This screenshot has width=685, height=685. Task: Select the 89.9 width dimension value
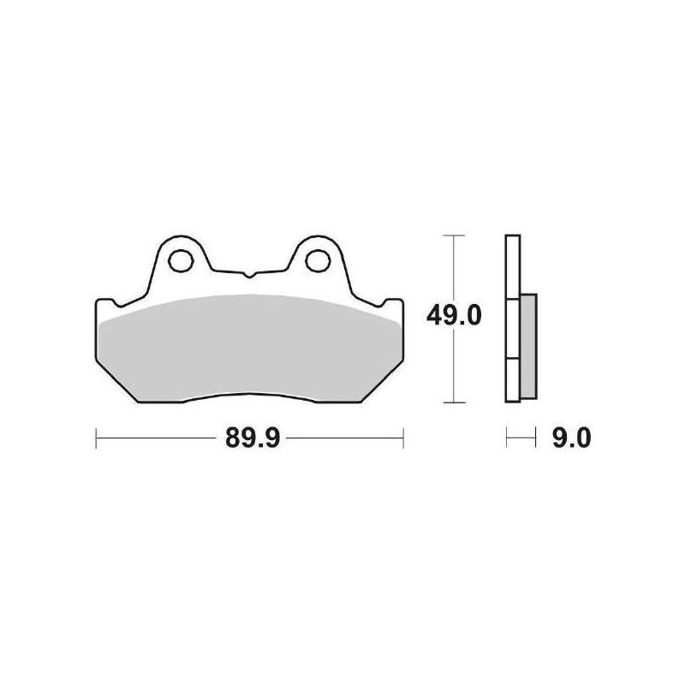coord(249,439)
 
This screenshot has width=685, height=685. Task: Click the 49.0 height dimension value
coord(454,317)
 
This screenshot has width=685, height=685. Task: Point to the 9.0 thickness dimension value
coord(571,439)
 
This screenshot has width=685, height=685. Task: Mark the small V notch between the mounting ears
coord(248,276)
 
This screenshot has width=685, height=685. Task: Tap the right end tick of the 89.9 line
coord(402,439)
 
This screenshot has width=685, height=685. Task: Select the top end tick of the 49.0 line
coord(453,235)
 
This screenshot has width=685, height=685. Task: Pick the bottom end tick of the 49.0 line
coord(453,402)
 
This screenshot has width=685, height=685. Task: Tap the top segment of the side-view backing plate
coord(511,266)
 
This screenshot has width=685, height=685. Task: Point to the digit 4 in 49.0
coord(434,317)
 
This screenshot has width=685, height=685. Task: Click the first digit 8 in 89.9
coord(232,439)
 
